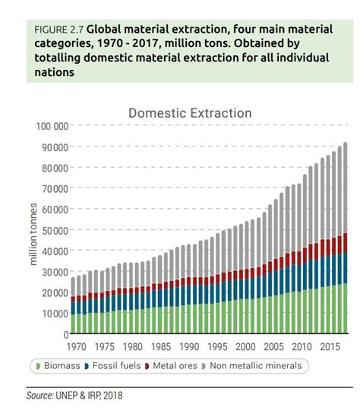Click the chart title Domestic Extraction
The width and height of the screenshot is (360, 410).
[x=189, y=113]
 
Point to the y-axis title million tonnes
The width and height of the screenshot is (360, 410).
[x=33, y=230]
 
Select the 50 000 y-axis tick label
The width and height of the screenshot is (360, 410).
[x=54, y=230]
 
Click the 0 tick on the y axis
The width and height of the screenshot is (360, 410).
[x=65, y=333]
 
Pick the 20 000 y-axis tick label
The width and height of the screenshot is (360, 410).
[x=54, y=292]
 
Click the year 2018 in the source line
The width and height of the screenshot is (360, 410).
[x=111, y=395]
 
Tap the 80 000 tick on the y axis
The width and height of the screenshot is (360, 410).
[x=54, y=168]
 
